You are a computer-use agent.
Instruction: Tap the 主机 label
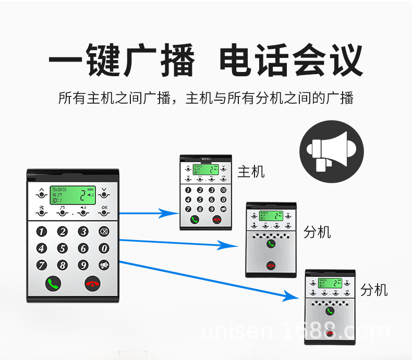[x=251, y=171]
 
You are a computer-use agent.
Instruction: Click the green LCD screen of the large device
[x=73, y=196]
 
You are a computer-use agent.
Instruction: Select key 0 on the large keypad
[x=104, y=249]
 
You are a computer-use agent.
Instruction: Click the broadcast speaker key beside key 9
[x=104, y=265]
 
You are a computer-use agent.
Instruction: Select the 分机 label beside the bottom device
[x=374, y=290]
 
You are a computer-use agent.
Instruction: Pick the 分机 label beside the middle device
[x=317, y=232]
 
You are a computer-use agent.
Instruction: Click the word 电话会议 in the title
[x=290, y=62]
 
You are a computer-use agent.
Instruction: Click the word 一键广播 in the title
[x=122, y=62]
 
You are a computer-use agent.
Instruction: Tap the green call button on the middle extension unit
[x=270, y=244]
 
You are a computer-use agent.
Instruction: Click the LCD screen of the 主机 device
[x=204, y=170]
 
